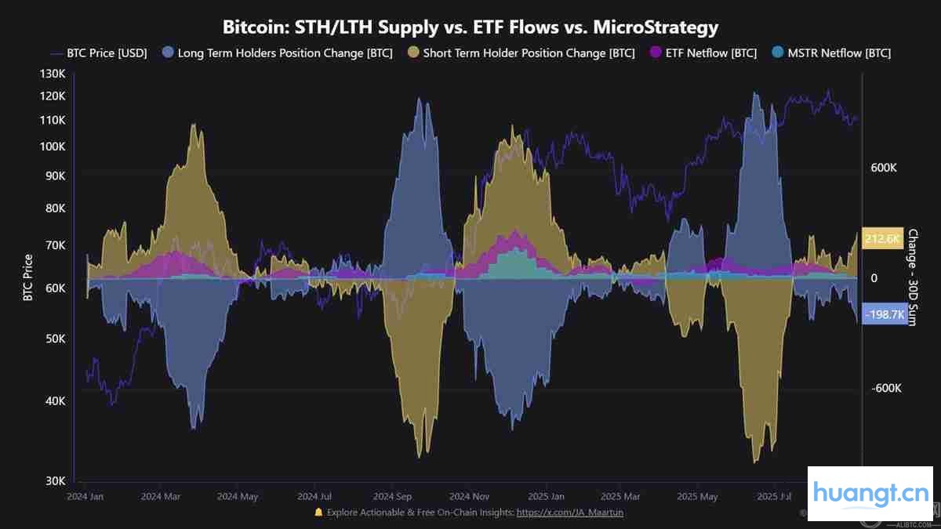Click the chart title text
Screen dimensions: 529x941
click(x=470, y=27)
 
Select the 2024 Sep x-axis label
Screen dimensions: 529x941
click(x=393, y=497)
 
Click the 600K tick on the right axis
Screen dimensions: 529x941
click(x=884, y=168)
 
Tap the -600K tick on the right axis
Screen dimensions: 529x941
click(x=885, y=389)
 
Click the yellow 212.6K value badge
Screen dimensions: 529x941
click(x=883, y=239)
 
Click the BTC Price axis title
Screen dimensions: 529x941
click(x=29, y=277)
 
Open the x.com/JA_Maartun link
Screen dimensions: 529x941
click(x=570, y=513)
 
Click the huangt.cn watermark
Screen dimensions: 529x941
click(x=870, y=493)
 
